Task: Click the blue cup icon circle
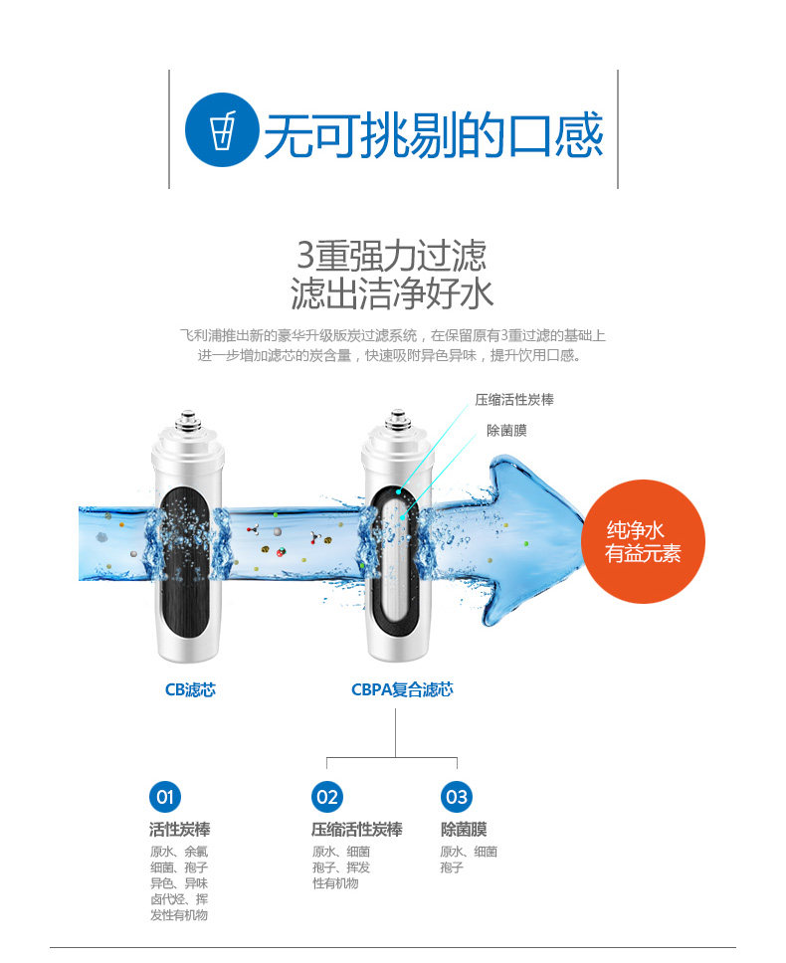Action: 223,129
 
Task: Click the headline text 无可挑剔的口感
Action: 433,135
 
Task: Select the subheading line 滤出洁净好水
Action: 392,294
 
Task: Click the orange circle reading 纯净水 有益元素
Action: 643,541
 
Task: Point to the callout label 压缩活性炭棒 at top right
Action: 514,400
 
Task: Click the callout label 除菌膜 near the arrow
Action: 506,430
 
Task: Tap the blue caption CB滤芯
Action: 190,689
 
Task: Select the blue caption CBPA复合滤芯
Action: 401,689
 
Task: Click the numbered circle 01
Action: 165,796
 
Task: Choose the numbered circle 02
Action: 326,796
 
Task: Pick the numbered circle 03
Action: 456,796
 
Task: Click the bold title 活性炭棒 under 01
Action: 179,830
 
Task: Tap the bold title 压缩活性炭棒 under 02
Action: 356,830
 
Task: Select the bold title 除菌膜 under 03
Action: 464,830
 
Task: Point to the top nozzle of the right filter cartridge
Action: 398,422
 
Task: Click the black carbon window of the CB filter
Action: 185,552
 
